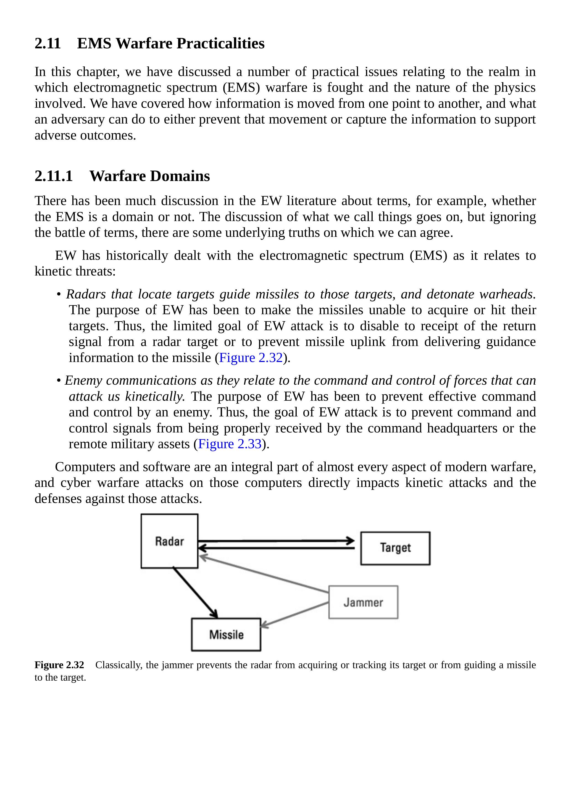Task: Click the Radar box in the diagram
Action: pyautogui.click(x=169, y=541)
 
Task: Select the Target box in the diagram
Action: pyautogui.click(x=395, y=548)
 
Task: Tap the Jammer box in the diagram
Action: pyautogui.click(x=363, y=602)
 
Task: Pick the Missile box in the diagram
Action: pyautogui.click(x=226, y=634)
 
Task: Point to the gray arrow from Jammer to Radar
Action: pyautogui.click(x=264, y=574)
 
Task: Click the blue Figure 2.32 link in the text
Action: pyautogui.click(x=251, y=358)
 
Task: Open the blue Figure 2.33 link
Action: pyautogui.click(x=230, y=444)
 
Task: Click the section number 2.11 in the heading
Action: pyautogui.click(x=48, y=43)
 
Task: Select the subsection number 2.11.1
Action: pyautogui.click(x=54, y=176)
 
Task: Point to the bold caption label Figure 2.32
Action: pyautogui.click(x=59, y=665)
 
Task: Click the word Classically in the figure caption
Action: pyautogui.click(x=119, y=665)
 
